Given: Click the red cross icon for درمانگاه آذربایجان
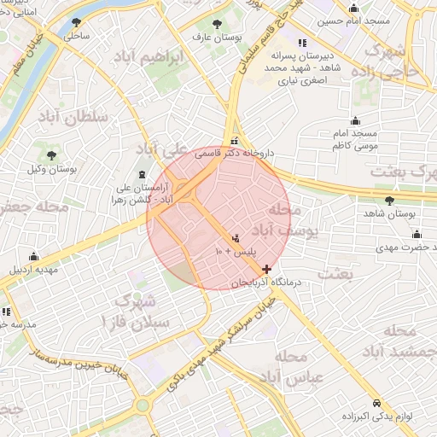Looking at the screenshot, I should [267, 269].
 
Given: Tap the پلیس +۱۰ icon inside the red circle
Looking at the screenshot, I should [236, 239].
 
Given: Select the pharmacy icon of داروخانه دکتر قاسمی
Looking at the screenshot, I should [234, 142].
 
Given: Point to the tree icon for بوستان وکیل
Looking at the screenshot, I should [52, 155].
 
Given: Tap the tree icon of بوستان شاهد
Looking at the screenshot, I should [390, 201].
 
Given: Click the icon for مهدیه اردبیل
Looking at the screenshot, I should [33, 256].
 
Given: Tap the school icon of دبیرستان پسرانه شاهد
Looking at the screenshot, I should [301, 44].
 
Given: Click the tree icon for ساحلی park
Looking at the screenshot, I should [78, 23].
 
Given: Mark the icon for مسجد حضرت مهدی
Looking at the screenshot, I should [417, 235].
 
